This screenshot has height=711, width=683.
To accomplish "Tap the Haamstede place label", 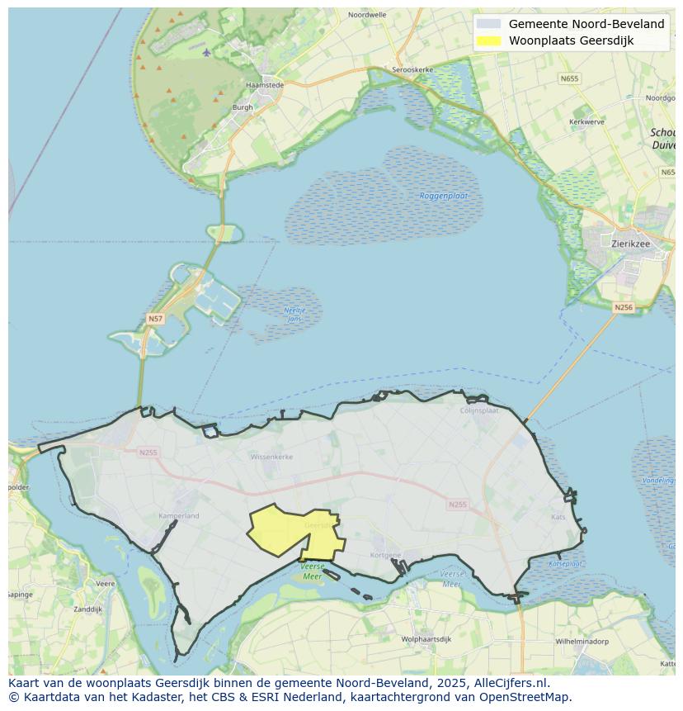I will (265, 84).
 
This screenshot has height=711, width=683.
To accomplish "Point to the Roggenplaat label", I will (444, 196).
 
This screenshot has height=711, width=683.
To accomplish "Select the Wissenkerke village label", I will (271, 455).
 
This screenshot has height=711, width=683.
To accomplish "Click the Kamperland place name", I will (178, 516).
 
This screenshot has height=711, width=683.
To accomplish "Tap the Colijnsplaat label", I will (479, 409).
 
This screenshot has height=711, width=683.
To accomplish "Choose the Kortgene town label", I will (386, 555).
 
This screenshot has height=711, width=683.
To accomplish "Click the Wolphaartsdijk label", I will (426, 639).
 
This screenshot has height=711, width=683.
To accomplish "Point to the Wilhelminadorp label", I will (582, 641).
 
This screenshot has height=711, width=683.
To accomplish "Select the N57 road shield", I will (154, 318).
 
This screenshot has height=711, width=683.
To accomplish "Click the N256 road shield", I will (624, 307).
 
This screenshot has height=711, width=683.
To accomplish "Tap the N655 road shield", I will (568, 78).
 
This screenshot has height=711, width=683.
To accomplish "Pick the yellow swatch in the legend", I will (488, 40).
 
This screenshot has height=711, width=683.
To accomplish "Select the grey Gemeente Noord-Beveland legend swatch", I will (488, 24).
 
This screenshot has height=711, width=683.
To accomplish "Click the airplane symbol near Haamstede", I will (206, 53).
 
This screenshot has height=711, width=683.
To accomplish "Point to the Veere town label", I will (105, 583).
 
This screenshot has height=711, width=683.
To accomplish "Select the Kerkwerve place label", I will (586, 121).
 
